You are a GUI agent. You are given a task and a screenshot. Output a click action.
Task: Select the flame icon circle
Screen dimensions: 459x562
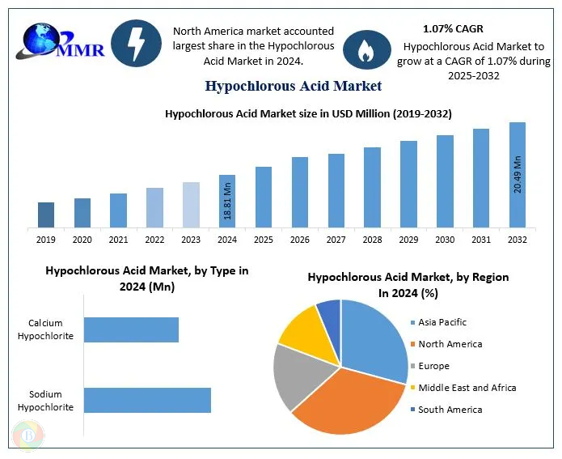[366, 49]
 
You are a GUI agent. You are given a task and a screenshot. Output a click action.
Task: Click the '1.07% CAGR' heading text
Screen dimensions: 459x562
[453, 28]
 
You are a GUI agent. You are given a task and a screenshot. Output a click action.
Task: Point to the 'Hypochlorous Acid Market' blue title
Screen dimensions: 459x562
[294, 85]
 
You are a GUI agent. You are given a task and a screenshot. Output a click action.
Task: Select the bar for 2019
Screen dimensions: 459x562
[46, 215]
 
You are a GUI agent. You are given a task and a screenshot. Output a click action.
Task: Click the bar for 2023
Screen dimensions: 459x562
[191, 204]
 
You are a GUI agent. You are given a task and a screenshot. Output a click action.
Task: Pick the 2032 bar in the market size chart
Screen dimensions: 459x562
[517, 174]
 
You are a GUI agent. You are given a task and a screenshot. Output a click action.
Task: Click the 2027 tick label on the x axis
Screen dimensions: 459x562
[336, 240]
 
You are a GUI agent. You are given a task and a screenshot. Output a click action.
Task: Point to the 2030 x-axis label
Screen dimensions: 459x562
[445, 240]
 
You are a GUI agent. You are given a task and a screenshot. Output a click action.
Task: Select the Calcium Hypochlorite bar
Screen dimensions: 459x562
[131, 329]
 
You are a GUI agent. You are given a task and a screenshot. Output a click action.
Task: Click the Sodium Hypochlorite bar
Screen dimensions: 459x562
[147, 400]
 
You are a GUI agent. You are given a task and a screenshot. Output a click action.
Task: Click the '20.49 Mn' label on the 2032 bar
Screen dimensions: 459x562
[518, 172]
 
